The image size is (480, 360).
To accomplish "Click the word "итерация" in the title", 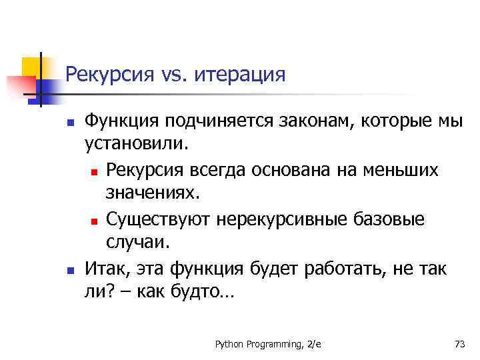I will [x=240, y=74].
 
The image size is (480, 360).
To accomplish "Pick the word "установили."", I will [x=137, y=144].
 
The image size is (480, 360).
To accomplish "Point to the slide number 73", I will [x=459, y=344].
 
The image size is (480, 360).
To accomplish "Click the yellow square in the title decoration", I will [x=31, y=67].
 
